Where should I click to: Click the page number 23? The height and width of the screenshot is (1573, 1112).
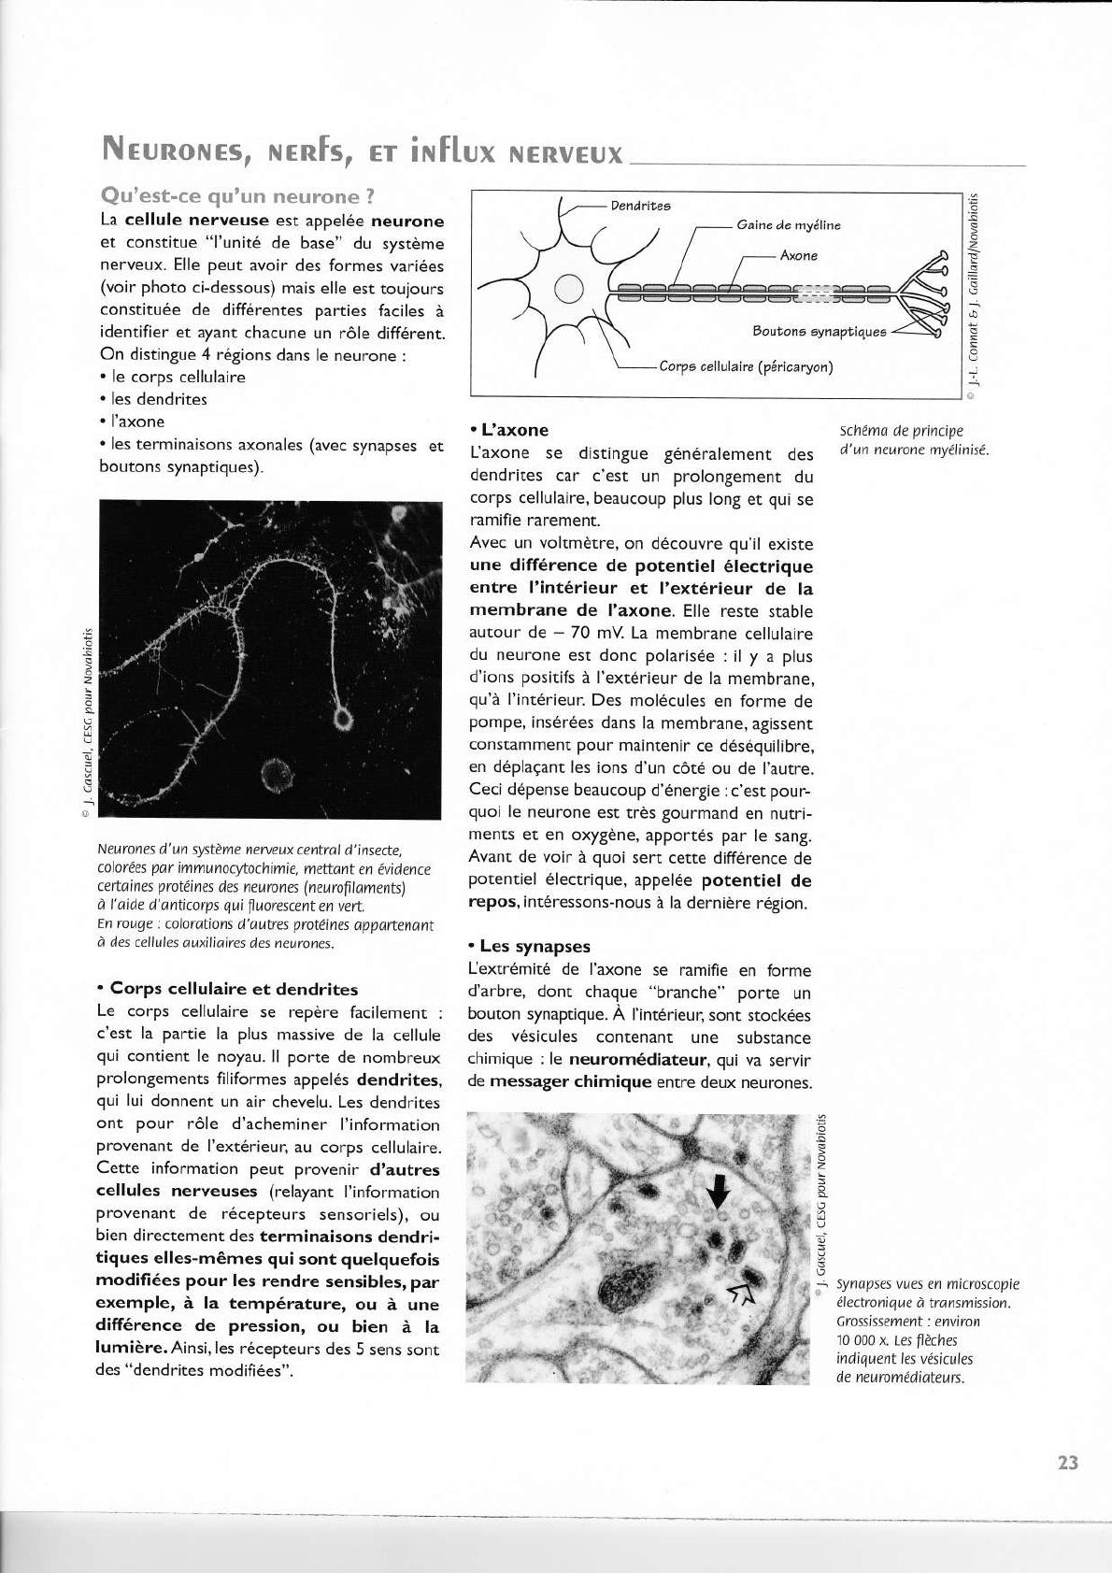tap(1068, 1463)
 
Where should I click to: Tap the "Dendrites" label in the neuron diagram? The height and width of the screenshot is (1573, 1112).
tap(640, 206)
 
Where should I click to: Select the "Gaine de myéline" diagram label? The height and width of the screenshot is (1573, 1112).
tap(788, 225)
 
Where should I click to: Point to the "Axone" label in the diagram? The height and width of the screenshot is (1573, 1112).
tap(798, 255)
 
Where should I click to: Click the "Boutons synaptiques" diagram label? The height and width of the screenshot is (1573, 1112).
tap(819, 332)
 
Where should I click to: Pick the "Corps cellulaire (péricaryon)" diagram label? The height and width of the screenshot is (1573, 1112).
tap(746, 366)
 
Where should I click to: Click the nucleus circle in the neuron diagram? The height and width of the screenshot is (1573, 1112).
tap(569, 291)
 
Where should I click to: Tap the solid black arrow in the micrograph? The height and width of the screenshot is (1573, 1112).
tap(718, 1191)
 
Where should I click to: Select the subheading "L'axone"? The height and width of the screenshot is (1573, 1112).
tap(513, 430)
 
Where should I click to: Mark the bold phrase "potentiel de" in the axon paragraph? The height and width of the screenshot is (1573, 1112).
tap(756, 880)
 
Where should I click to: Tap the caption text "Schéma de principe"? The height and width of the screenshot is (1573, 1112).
tap(901, 431)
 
